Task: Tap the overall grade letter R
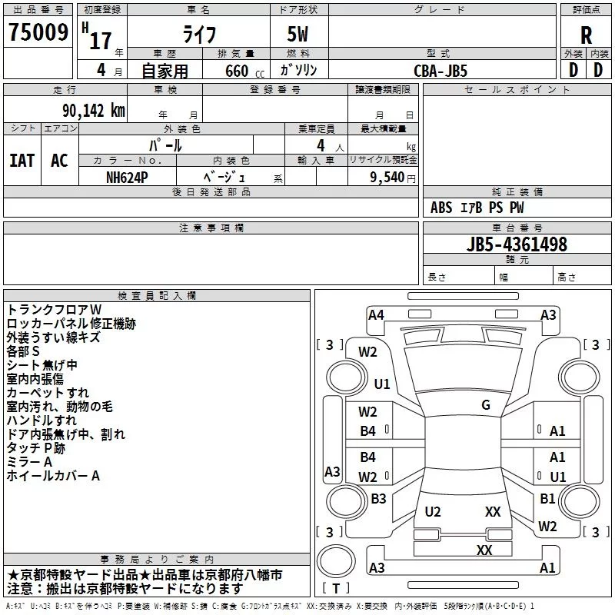click(586, 35)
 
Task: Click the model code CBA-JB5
click(440, 70)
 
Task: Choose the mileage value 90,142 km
click(89, 111)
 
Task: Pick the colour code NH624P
click(128, 176)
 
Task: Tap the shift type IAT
click(22, 161)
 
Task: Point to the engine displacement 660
click(234, 71)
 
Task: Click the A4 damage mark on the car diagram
click(376, 314)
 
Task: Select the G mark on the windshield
click(486, 405)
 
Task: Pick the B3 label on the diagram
click(378, 499)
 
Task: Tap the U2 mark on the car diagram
click(433, 512)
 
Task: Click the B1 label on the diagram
click(547, 499)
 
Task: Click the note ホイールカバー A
click(53, 476)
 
